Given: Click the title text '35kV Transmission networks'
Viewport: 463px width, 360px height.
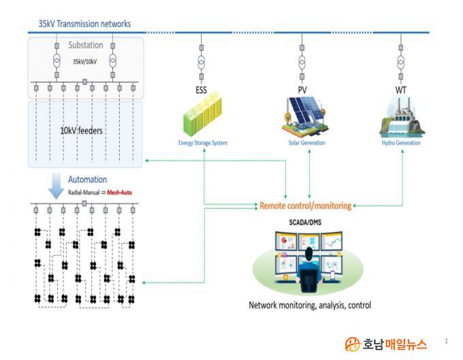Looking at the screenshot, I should [x=84, y=24].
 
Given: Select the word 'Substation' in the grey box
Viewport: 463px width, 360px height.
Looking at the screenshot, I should [x=85, y=45].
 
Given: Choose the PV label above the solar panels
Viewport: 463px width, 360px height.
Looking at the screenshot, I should [x=302, y=89].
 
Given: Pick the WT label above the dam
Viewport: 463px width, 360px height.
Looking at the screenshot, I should [x=401, y=89].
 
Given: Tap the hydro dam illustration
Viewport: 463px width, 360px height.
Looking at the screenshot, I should [x=401, y=117].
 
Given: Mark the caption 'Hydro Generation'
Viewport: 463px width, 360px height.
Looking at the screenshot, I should [x=400, y=143].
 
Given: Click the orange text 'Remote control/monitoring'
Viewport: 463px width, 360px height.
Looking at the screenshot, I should [x=306, y=205].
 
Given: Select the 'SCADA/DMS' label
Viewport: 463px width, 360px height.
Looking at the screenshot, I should [x=306, y=223].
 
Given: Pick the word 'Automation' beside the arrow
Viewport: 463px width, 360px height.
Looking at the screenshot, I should [x=87, y=180].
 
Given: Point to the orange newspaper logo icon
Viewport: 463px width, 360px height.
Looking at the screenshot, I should [x=352, y=344].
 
